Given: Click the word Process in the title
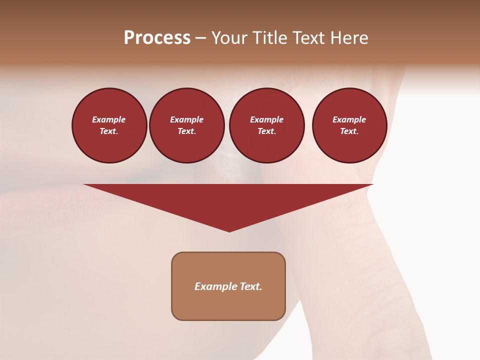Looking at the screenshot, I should click(157, 38).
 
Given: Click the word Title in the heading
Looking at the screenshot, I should click(269, 38).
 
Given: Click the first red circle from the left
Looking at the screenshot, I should click(109, 125).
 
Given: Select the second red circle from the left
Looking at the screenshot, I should click(186, 125).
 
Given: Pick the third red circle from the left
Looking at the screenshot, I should click(266, 125).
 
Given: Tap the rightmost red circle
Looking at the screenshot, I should click(349, 125).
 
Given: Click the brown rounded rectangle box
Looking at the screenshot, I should click(228, 286).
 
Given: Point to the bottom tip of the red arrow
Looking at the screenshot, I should click(229, 230).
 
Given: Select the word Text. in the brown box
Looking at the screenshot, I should click(250, 286).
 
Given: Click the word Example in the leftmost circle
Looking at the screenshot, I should click(109, 119).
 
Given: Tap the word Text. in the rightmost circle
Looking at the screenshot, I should click(349, 131).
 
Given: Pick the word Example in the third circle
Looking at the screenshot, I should click(266, 119).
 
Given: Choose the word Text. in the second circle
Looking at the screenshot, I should click(186, 131).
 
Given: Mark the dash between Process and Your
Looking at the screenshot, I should click(200, 38).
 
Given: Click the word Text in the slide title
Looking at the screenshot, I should click(309, 38).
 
